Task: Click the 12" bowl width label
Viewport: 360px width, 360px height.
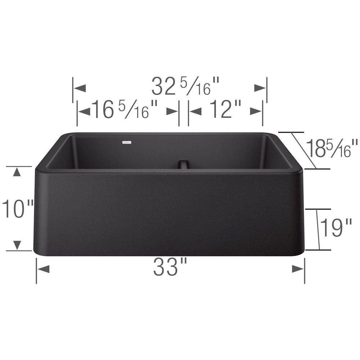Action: point(225,109)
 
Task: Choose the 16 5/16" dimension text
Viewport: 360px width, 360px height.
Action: point(125,109)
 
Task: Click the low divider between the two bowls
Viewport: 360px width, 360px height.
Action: point(183,164)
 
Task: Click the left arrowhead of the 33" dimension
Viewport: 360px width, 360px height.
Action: point(43,269)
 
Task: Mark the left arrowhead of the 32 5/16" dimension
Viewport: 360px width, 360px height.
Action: point(80,87)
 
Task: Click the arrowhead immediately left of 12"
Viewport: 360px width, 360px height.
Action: point(195,112)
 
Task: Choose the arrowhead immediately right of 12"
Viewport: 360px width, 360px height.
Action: point(256,112)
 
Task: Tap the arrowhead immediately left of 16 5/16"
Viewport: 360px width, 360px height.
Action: point(84,112)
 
